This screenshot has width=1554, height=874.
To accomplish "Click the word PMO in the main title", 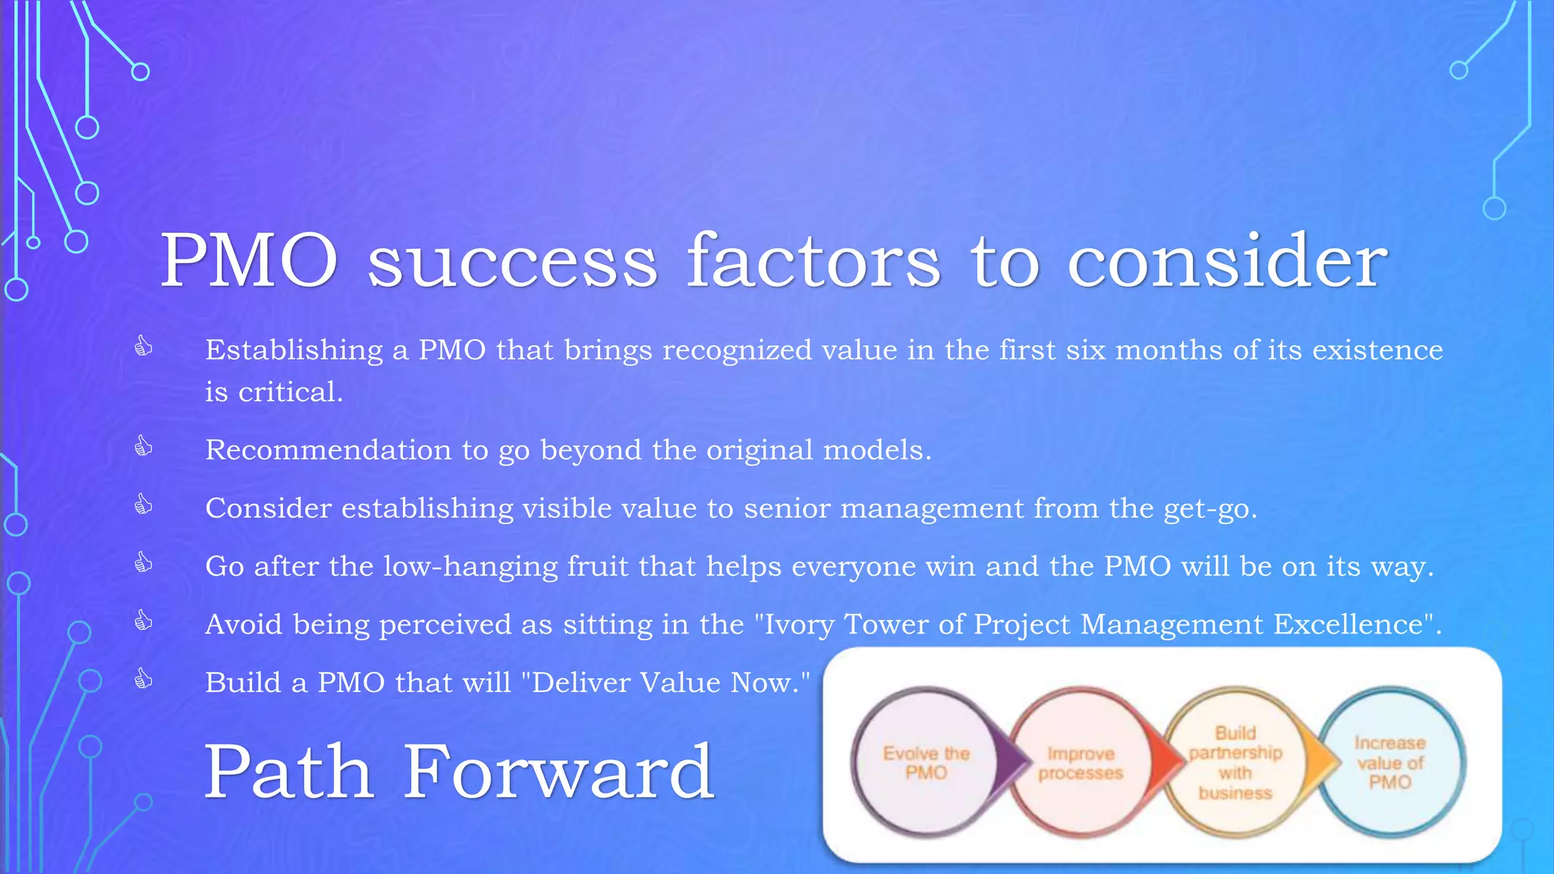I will pyautogui.click(x=249, y=261).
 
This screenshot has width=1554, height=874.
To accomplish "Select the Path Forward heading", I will pyautogui.click(x=459, y=772).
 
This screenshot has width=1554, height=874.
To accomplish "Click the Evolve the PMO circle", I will pyautogui.click(x=924, y=762).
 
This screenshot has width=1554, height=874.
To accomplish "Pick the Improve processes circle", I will pyautogui.click(x=1080, y=762).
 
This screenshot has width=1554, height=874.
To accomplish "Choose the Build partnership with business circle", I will pyautogui.click(x=1235, y=762).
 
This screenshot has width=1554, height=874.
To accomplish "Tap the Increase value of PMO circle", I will pyautogui.click(x=1390, y=762).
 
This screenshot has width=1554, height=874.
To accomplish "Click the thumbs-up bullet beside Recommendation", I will pyautogui.click(x=143, y=446).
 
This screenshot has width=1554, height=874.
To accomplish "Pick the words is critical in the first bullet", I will pyautogui.click(x=274, y=392).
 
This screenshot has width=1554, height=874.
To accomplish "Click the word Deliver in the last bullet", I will pyautogui.click(x=581, y=683).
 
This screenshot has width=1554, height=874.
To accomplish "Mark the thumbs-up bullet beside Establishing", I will pyautogui.click(x=143, y=347).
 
